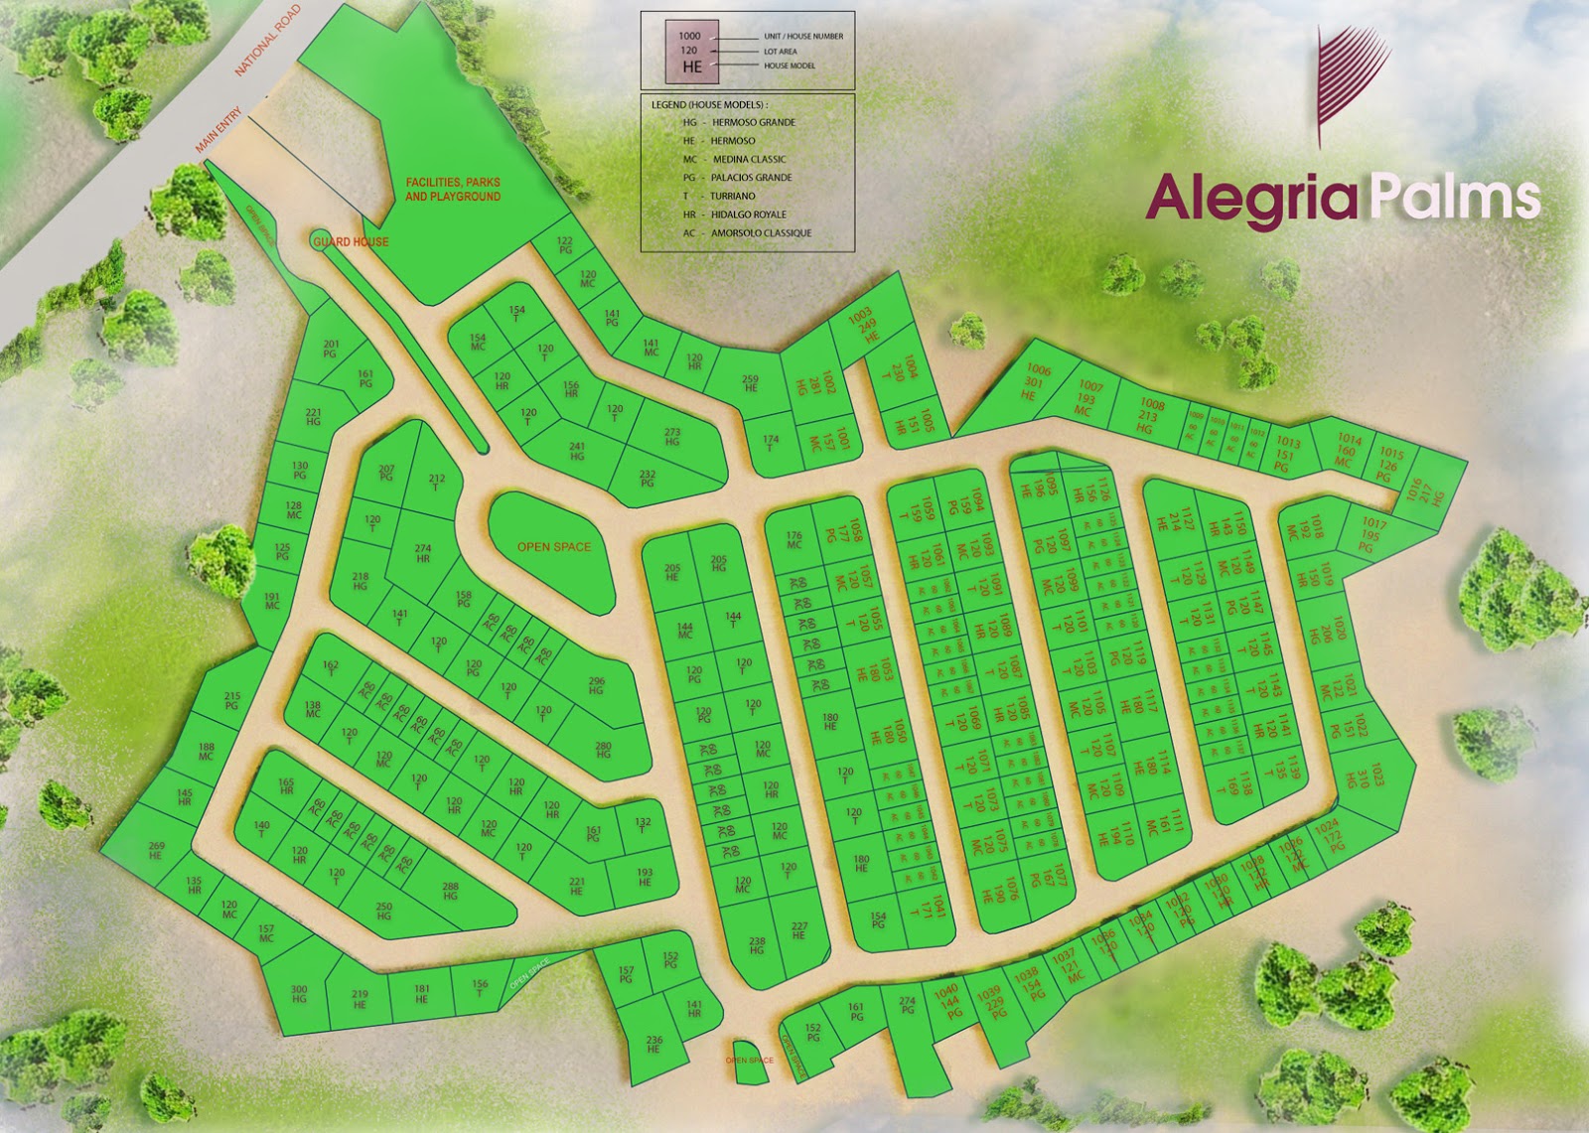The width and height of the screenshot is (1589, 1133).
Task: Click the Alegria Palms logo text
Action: pos(1343,197)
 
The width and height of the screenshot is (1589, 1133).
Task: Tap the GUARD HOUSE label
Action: pos(351,241)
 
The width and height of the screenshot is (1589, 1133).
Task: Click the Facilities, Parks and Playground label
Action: pos(453,189)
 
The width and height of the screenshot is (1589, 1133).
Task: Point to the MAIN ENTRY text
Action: pos(218,130)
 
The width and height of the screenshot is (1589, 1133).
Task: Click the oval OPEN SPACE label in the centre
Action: pos(553,547)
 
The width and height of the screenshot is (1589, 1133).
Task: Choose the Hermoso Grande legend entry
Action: pos(739,122)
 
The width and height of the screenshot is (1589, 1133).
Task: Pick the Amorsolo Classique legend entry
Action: pos(746,232)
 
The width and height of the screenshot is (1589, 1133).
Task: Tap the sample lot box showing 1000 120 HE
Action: pos(689,52)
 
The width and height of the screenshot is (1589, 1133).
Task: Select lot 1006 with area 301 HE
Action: pos(1036,382)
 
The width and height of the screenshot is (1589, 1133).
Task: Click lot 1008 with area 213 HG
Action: pos(1149,416)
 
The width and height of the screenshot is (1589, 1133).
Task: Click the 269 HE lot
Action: pos(156,850)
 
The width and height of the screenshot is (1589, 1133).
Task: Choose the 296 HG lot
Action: pos(596,685)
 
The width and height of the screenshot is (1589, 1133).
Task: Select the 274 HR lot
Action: pos(423,553)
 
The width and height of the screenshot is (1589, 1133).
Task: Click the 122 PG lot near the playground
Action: pos(565,245)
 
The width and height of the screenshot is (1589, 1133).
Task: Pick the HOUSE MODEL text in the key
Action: pos(790,66)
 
